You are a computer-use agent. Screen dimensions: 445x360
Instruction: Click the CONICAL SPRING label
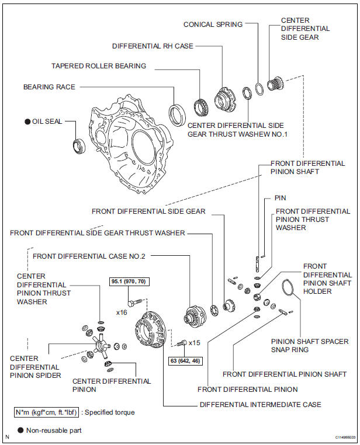pyautogui.click(x=213, y=25)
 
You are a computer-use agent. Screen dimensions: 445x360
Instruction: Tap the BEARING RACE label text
pyautogui.click(x=49, y=86)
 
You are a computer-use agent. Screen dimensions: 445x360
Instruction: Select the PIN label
pyautogui.click(x=280, y=199)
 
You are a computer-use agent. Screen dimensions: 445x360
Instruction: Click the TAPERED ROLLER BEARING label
pyautogui.click(x=106, y=66)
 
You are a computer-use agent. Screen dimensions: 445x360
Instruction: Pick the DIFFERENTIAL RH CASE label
pyautogui.click(x=161, y=46)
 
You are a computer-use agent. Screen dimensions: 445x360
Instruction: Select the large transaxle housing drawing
pyautogui.click(x=131, y=149)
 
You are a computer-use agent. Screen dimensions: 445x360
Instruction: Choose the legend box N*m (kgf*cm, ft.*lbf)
pyautogui.click(x=48, y=412)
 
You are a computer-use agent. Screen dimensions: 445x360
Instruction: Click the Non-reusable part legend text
pyautogui.click(x=54, y=430)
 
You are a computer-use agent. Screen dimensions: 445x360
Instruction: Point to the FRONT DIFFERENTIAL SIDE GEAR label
pyautogui.click(x=148, y=211)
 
